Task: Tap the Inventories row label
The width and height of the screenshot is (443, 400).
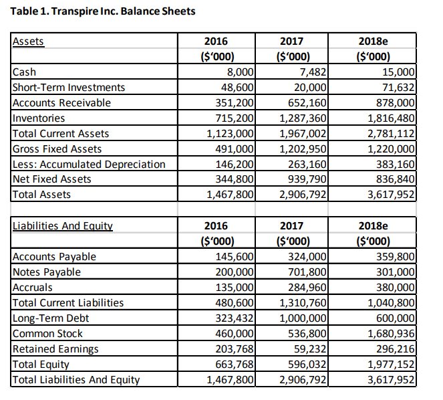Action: click(39, 118)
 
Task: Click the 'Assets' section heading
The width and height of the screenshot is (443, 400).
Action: click(28, 41)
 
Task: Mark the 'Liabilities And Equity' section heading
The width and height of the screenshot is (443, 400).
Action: click(63, 226)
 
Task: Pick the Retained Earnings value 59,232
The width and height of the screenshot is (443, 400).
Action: click(309, 348)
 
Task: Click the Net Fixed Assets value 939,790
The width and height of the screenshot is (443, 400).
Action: click(305, 179)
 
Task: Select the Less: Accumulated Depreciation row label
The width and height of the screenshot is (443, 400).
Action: click(89, 164)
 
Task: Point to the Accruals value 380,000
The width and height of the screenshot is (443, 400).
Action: click(395, 288)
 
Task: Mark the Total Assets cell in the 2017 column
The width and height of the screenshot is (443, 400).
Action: click(301, 195)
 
